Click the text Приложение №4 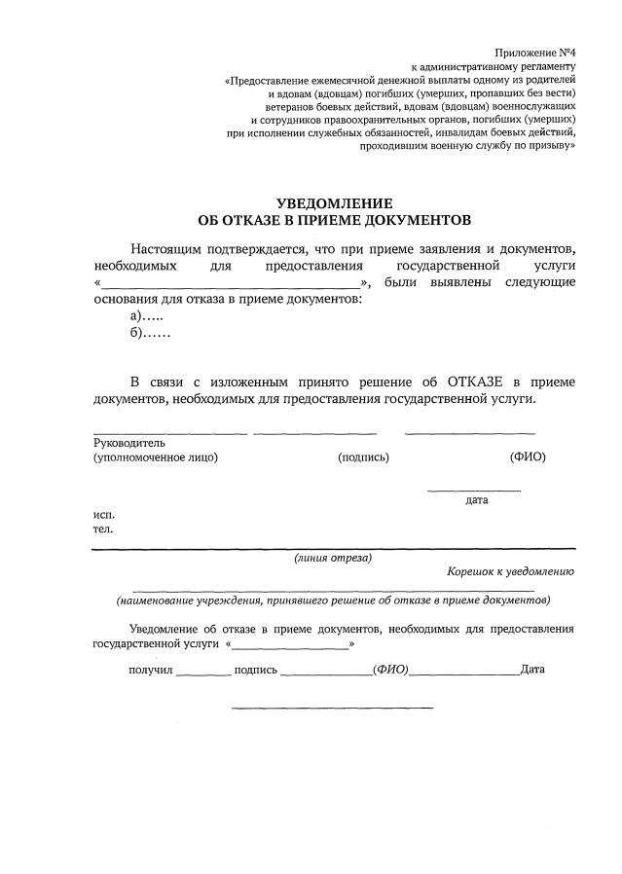click(535, 52)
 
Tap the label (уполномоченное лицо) click(156, 457)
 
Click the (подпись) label click(363, 457)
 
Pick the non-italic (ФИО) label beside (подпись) click(527, 456)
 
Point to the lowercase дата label click(476, 500)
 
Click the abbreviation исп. click(103, 513)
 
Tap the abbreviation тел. click(102, 529)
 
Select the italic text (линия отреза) click(333, 558)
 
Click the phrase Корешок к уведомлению click(511, 572)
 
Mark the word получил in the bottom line click(151, 670)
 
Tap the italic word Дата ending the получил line click(532, 670)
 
